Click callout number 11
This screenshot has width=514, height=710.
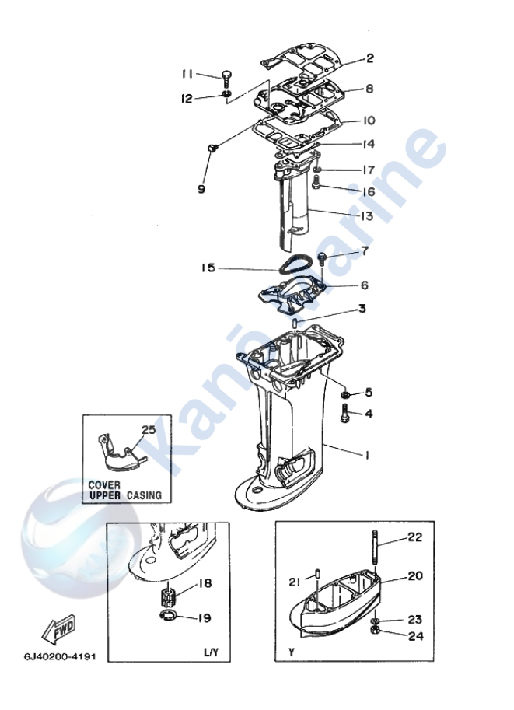[x=187, y=74]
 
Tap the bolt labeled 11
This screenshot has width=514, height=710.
[x=225, y=78]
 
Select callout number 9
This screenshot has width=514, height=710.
[x=201, y=189]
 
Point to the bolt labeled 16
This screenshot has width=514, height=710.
[x=316, y=184]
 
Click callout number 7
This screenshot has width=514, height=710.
[x=363, y=251]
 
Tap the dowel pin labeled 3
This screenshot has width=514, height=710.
[x=295, y=322]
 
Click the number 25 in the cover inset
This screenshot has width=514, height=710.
[x=149, y=429]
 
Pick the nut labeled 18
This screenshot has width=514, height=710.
[x=165, y=599]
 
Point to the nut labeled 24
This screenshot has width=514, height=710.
[x=375, y=633]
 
